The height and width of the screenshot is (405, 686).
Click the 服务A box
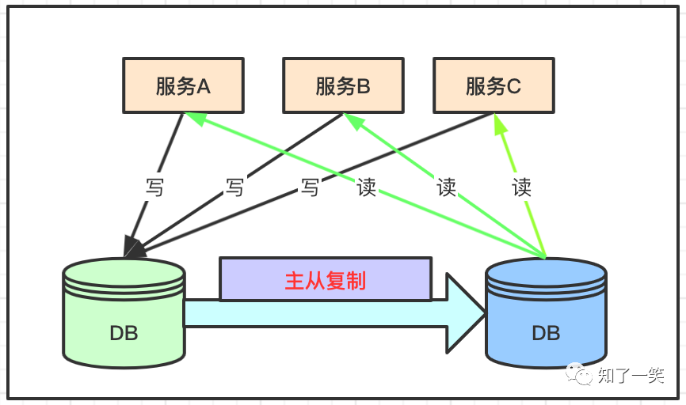(x=183, y=85)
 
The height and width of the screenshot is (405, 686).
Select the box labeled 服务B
(x=342, y=85)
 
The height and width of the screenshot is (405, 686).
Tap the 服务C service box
(x=493, y=85)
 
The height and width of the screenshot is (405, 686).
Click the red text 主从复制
(x=326, y=280)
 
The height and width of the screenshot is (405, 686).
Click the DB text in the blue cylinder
(x=546, y=333)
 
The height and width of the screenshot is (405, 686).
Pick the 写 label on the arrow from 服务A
(x=154, y=188)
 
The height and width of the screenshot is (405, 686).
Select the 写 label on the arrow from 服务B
(x=234, y=188)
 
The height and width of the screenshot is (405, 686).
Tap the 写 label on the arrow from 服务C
(x=310, y=188)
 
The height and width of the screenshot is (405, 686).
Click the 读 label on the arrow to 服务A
(x=366, y=188)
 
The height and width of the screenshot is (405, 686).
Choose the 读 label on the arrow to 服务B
(x=446, y=188)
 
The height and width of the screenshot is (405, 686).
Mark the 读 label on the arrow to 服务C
(x=521, y=188)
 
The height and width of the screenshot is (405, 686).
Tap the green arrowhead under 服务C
(x=499, y=123)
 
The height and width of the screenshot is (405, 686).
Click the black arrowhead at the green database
(x=135, y=248)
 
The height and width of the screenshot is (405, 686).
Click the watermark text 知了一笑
(x=631, y=376)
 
